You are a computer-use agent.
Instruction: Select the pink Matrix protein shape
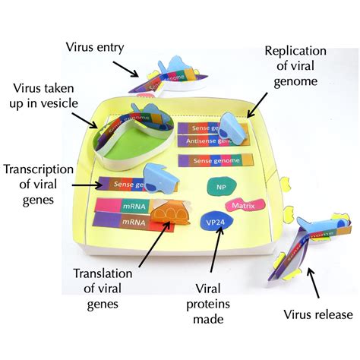pyautogui.click(x=254, y=206)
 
